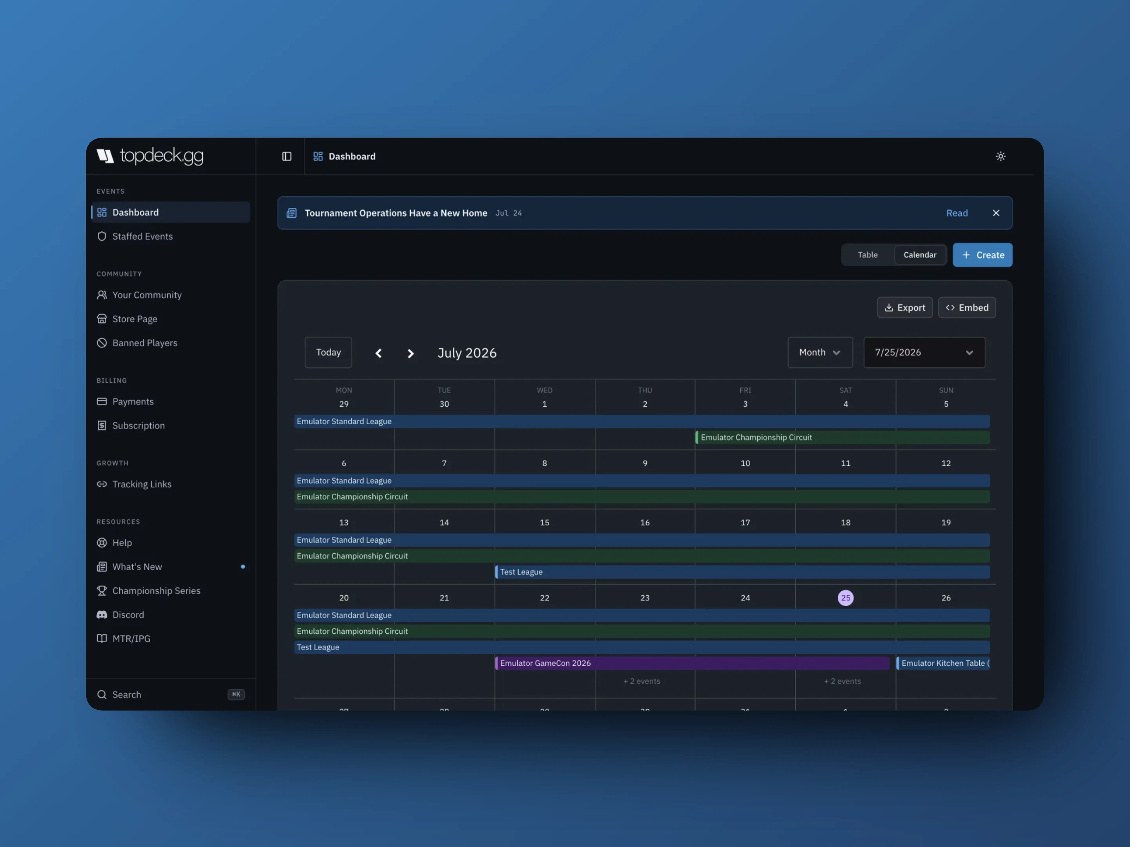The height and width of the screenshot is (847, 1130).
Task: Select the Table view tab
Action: (x=868, y=255)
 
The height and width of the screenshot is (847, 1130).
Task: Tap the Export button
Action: (x=904, y=307)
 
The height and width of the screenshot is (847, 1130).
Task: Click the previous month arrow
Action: (x=379, y=353)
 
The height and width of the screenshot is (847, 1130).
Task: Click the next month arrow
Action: (x=410, y=353)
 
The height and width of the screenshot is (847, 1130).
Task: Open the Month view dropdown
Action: (x=820, y=352)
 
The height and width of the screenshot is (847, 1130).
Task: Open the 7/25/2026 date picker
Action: (x=924, y=352)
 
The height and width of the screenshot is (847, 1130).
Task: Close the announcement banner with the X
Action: (x=996, y=213)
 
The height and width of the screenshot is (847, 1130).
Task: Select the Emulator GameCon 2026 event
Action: (x=692, y=663)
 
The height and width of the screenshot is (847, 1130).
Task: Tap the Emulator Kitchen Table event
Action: (x=943, y=663)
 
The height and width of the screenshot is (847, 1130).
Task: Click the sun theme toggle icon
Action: (x=1000, y=156)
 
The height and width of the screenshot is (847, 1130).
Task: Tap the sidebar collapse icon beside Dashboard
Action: (x=286, y=156)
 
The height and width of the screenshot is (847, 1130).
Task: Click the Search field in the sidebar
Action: (x=171, y=694)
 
